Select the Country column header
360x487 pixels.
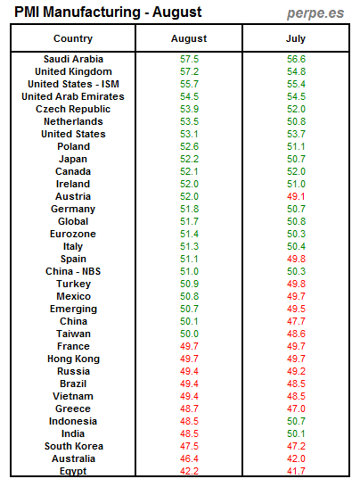(x=73, y=39)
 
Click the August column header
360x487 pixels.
(x=189, y=39)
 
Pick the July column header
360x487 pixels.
(x=295, y=39)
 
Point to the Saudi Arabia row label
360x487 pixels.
(x=73, y=59)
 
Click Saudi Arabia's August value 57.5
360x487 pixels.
(x=189, y=59)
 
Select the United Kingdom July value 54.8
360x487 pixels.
(x=295, y=71)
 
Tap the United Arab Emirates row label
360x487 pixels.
(x=73, y=96)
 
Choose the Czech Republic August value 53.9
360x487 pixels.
(x=189, y=109)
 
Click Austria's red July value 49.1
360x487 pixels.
(x=295, y=196)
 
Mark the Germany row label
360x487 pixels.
(x=73, y=209)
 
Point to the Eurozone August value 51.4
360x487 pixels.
(x=189, y=234)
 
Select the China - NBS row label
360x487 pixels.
(x=73, y=271)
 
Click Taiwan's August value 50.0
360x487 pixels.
(x=189, y=334)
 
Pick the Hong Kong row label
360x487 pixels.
(x=73, y=359)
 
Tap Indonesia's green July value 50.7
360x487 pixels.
(x=295, y=421)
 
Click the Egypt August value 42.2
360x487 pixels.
(x=189, y=471)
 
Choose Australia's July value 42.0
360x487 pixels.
(x=295, y=458)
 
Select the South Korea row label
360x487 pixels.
(x=73, y=446)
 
